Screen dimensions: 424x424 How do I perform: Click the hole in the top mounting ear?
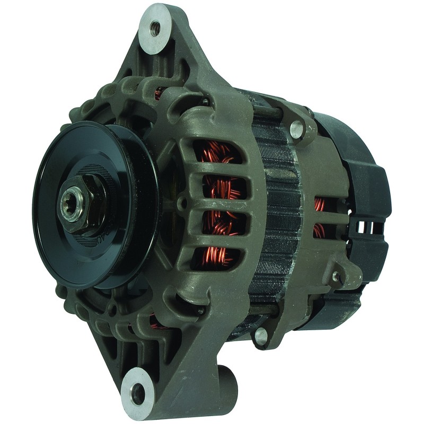pyautogui.click(x=155, y=26)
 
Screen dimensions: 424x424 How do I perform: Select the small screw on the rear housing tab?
pyautogui.click(x=335, y=277)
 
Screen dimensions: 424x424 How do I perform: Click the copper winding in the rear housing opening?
pyautogui.click(x=320, y=217)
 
